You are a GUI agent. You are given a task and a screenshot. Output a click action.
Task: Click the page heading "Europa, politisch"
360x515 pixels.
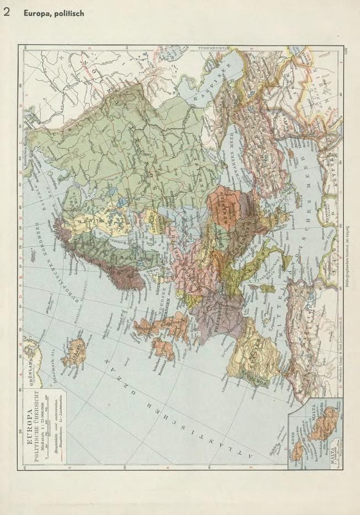pos(53,13)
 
